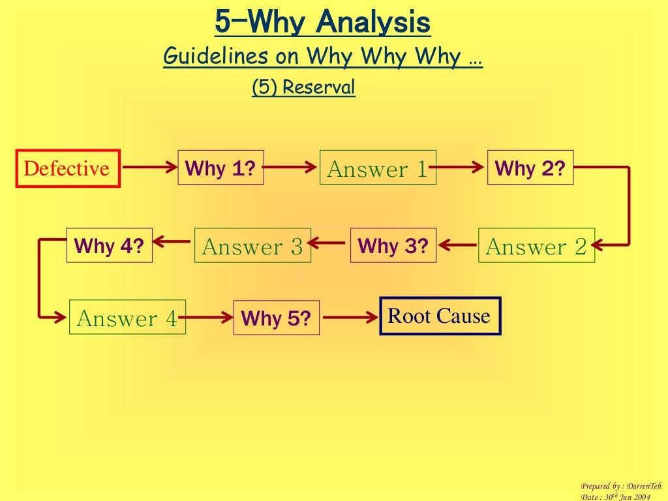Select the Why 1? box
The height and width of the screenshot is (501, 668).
click(220, 168)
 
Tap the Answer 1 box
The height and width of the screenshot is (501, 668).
click(377, 168)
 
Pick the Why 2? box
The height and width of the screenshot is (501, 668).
click(530, 168)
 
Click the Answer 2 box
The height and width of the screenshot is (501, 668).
click(536, 246)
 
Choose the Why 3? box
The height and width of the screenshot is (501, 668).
click(393, 245)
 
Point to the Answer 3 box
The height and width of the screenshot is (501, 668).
click(252, 246)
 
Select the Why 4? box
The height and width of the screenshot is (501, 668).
click(109, 245)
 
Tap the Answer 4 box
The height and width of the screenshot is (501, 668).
click(127, 318)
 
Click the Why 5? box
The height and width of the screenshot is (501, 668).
click(276, 318)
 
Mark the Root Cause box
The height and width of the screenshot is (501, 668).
click(440, 316)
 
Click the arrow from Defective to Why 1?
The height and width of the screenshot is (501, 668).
click(149, 168)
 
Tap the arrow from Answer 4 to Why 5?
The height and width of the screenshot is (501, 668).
click(209, 318)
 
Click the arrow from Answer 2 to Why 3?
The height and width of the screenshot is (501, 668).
click(458, 245)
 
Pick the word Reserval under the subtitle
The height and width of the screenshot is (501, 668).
click(319, 86)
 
